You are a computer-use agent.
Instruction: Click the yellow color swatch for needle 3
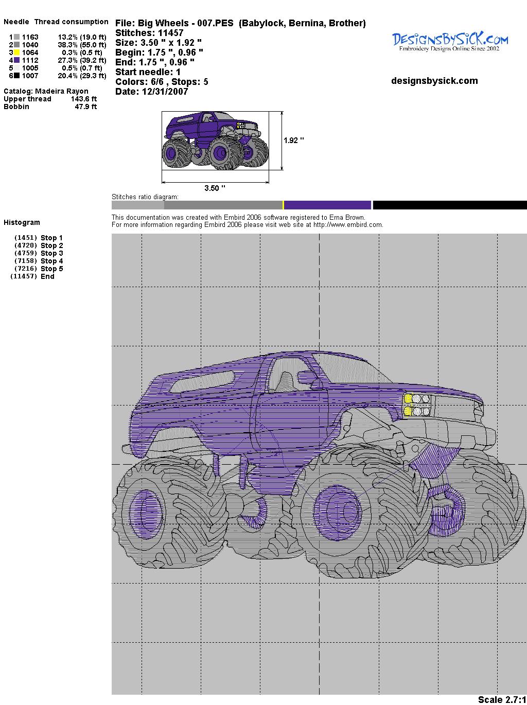pyautogui.click(x=16, y=52)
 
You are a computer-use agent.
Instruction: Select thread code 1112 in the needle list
pyautogui.click(x=30, y=60)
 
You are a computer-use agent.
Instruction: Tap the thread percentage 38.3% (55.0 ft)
pyautogui.click(x=82, y=45)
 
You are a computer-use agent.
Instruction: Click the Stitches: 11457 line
pyautogui.click(x=149, y=33)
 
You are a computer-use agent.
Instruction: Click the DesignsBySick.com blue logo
pyautogui.click(x=450, y=42)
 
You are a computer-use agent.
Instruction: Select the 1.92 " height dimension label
pyautogui.click(x=293, y=140)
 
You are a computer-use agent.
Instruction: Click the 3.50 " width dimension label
pyautogui.click(x=215, y=188)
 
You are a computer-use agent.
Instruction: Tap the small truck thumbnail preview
pyautogui.click(x=216, y=140)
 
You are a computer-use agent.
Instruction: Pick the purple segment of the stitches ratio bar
pyautogui.click(x=327, y=205)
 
